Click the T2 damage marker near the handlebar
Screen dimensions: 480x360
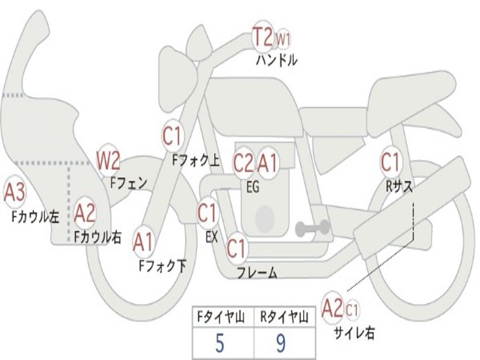[262, 36]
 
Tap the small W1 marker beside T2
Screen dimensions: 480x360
[283, 39]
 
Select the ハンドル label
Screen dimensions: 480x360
[277, 60]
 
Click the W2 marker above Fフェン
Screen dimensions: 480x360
[108, 161]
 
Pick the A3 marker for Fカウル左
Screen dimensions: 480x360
[14, 193]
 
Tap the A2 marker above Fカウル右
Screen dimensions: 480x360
[85, 214]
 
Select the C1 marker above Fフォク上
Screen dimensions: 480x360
[172, 136]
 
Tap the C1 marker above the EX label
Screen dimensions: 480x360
[207, 213]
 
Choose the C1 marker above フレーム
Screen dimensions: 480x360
[236, 248]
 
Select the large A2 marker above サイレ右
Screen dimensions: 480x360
[332, 308]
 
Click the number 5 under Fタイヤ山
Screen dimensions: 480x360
[219, 344]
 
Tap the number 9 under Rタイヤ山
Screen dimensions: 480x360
[280, 344]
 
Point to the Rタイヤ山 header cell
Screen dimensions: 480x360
[284, 318]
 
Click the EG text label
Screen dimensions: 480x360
[253, 187]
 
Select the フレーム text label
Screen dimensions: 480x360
[256, 273]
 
